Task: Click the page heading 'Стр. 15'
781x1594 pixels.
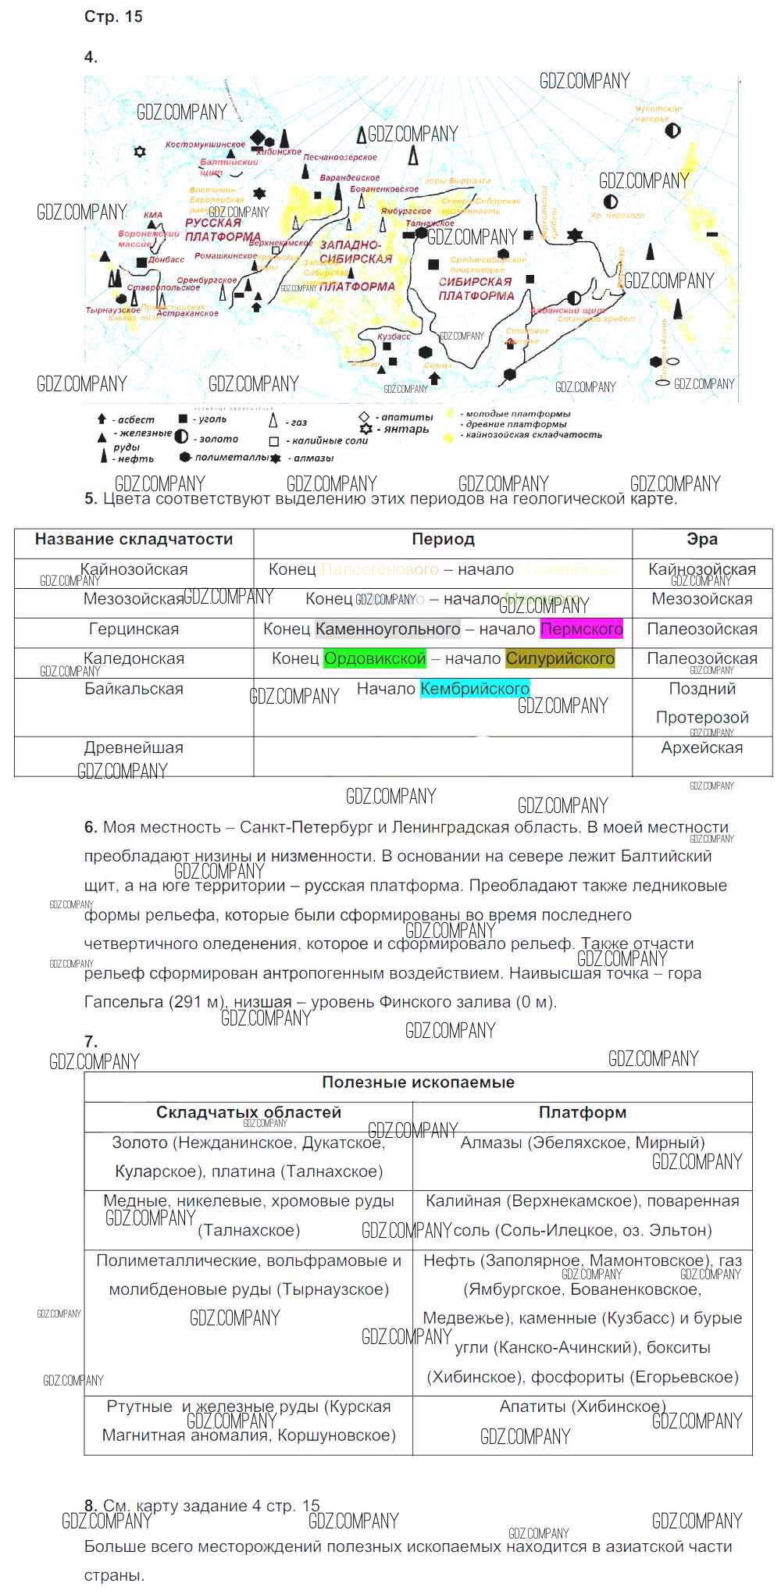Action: (x=113, y=16)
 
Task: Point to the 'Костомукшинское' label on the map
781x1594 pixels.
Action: (x=205, y=144)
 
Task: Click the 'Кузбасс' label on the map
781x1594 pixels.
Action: (x=394, y=337)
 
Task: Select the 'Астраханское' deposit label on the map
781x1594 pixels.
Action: (x=188, y=313)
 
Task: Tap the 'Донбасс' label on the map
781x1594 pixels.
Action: (x=166, y=259)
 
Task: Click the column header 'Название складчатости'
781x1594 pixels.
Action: (x=134, y=539)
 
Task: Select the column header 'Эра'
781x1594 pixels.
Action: (x=701, y=539)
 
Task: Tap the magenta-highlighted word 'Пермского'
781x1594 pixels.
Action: (x=582, y=629)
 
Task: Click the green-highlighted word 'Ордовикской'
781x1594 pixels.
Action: (x=375, y=658)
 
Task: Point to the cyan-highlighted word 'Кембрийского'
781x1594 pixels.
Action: (x=475, y=688)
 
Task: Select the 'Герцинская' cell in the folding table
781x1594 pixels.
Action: (x=134, y=629)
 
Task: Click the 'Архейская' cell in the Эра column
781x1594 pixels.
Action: (x=701, y=747)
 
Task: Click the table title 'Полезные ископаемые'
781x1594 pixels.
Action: (x=418, y=1082)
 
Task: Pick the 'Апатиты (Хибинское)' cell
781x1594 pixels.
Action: (x=582, y=1406)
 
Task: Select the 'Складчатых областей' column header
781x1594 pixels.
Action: (x=248, y=1112)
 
